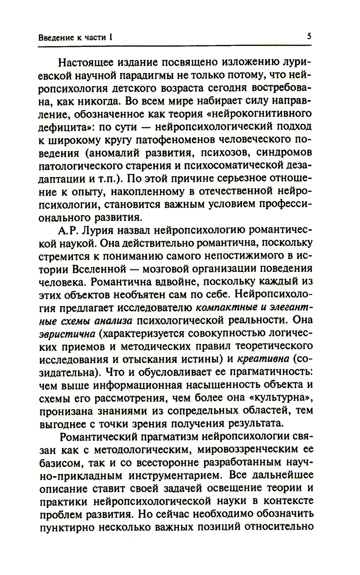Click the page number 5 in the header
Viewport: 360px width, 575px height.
(309, 37)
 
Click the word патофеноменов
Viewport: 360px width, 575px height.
(172, 140)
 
